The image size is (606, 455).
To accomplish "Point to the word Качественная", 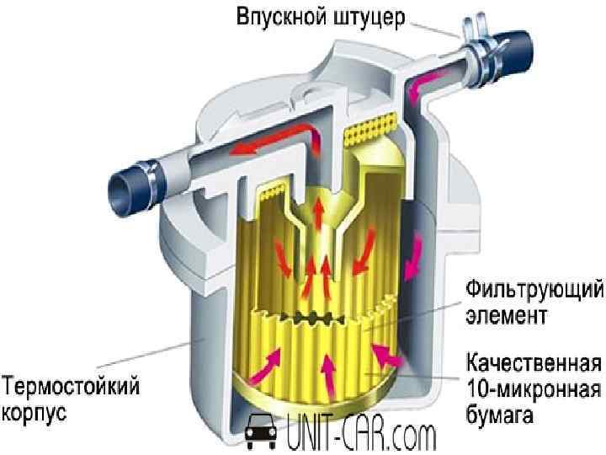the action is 534,367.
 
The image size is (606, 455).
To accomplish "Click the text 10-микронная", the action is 534,391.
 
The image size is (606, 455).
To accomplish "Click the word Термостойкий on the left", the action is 72,389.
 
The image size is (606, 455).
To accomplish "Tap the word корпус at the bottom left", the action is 35,414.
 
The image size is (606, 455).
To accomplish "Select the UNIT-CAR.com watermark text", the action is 362,436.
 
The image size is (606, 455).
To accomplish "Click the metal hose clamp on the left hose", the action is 152,177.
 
